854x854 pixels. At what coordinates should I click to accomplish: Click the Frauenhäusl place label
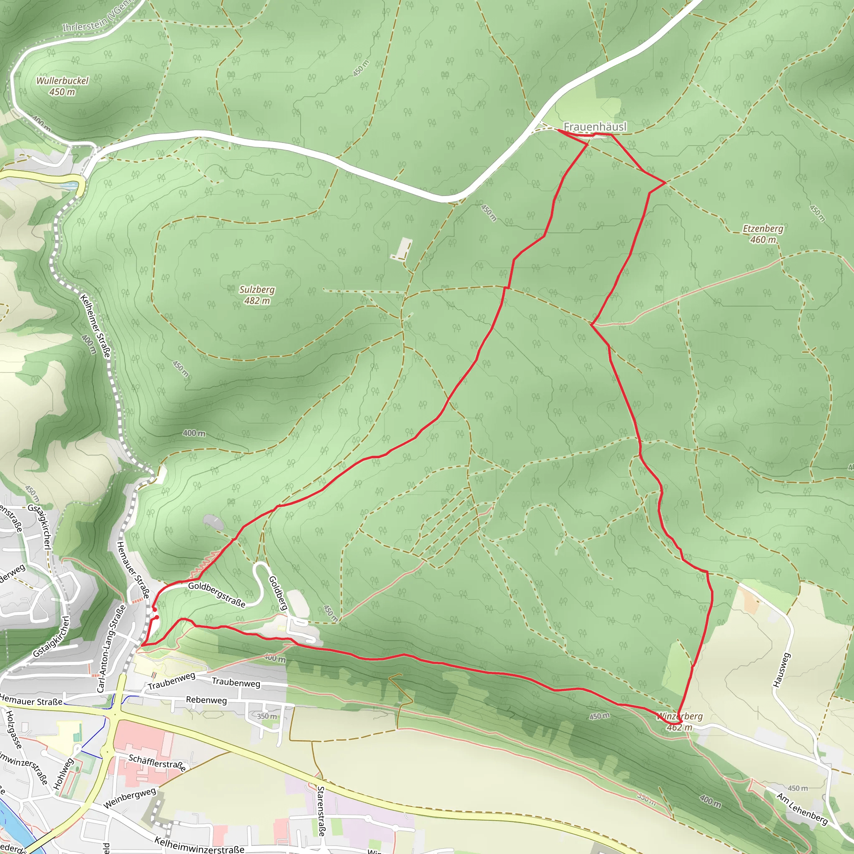pyautogui.click(x=595, y=126)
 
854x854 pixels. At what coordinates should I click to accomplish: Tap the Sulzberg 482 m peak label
pyautogui.click(x=257, y=295)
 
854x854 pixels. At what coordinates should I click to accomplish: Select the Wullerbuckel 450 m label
pyautogui.click(x=62, y=86)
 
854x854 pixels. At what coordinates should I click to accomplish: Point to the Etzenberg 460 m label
pyautogui.click(x=763, y=234)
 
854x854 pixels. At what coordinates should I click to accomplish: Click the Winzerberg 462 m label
pyautogui.click(x=680, y=721)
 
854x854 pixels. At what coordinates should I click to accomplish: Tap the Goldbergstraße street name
pyautogui.click(x=216, y=594)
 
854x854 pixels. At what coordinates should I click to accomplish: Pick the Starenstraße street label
pyautogui.click(x=322, y=811)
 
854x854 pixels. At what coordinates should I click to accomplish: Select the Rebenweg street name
pyautogui.click(x=206, y=700)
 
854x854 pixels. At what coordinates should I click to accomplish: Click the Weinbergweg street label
pyautogui.click(x=130, y=798)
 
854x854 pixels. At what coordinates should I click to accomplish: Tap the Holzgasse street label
pyautogui.click(x=14, y=729)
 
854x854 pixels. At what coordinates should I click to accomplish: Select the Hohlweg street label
pyautogui.click(x=63, y=774)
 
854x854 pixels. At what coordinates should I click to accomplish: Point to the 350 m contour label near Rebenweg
pyautogui.click(x=267, y=716)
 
